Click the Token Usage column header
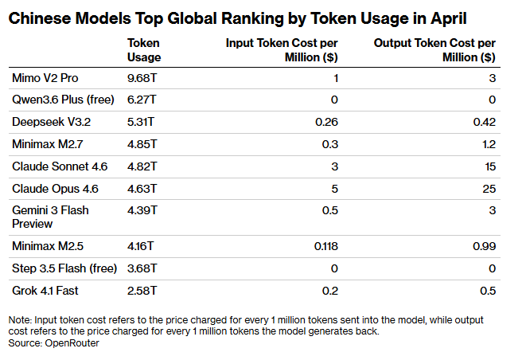(x=144, y=50)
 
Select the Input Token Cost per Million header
(x=282, y=50)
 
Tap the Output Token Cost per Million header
(x=434, y=50)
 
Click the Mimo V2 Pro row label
(x=45, y=77)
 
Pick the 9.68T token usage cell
(x=144, y=77)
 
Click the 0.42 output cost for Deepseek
(x=484, y=122)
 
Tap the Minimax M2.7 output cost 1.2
(x=489, y=144)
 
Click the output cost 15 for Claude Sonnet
(x=489, y=166)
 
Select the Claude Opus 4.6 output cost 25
(x=489, y=189)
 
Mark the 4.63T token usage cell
(x=144, y=189)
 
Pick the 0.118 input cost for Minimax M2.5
(x=325, y=246)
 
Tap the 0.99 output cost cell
(x=484, y=246)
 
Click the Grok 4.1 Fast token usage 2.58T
(x=144, y=291)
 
